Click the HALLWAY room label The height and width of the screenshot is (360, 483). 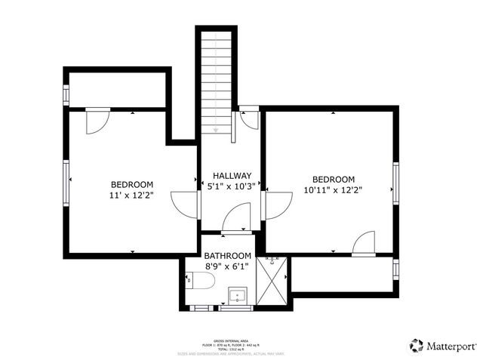point(226,175)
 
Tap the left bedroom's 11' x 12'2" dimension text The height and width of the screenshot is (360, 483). point(132,195)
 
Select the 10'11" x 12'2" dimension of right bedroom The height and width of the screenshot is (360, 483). point(333,190)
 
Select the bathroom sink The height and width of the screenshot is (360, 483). point(239,295)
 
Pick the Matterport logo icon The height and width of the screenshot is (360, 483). point(417,346)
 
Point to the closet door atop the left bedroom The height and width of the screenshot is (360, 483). point(98,122)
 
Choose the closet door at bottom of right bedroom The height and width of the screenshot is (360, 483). point(364,244)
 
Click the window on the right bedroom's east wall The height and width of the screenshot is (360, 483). point(395,182)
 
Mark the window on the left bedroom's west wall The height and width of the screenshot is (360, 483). point(66,180)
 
